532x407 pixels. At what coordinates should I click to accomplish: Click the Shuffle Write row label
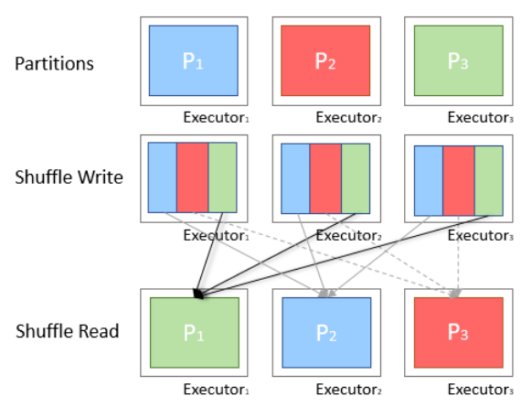[x=69, y=177]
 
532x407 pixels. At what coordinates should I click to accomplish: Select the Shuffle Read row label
[x=67, y=330]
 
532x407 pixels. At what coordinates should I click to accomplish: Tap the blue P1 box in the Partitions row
[x=193, y=61]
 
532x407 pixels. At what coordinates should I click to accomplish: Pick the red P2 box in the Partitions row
[x=325, y=61]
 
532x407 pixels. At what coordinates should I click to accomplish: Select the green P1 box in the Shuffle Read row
[x=193, y=332]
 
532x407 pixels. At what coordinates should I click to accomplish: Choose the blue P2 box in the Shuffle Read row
[x=325, y=332]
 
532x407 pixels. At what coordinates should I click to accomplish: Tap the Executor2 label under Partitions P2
[x=347, y=116]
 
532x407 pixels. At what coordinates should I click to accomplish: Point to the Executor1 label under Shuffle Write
[x=215, y=235]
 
